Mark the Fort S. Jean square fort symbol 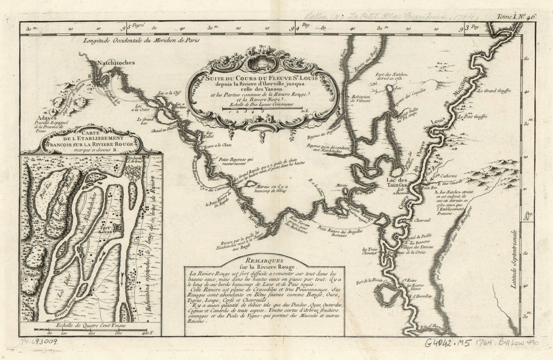[118, 228]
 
